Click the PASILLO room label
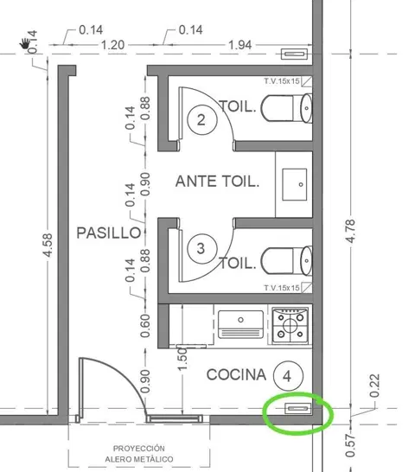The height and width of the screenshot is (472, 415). [x=109, y=233]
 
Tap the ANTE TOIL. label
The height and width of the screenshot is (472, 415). [x=217, y=182]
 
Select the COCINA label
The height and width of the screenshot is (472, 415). [x=236, y=375]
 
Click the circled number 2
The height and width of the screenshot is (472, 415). [x=201, y=119]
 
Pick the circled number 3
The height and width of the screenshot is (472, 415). [x=201, y=249]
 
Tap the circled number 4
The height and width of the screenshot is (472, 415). [x=288, y=376]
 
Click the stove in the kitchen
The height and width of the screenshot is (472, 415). [x=290, y=325]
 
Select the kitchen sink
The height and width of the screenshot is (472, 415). [x=240, y=324]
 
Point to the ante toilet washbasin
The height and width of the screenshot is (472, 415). [x=295, y=184]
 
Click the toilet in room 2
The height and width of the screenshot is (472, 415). [x=286, y=108]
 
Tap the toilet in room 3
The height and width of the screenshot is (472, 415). [x=286, y=261]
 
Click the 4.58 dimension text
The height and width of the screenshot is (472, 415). [x=48, y=246]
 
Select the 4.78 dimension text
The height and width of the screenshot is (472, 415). [x=351, y=231]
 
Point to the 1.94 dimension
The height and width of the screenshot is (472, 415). [x=240, y=45]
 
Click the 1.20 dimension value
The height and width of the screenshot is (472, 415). [x=112, y=45]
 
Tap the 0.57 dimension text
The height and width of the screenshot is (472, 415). [x=351, y=445]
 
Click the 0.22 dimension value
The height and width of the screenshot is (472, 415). [x=374, y=386]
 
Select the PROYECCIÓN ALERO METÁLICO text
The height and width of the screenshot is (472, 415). [x=139, y=454]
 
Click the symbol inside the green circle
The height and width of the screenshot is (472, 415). [x=298, y=409]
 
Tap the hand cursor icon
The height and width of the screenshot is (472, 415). [x=24, y=43]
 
